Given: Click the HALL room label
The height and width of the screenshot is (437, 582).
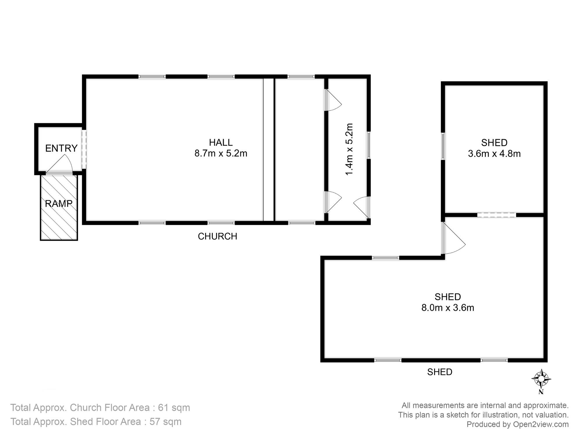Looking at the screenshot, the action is pyautogui.click(x=221, y=142).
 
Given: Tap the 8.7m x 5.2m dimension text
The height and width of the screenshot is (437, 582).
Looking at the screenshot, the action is pyautogui.click(x=221, y=153).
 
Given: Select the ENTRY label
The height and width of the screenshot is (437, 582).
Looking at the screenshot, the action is pyautogui.click(x=61, y=148).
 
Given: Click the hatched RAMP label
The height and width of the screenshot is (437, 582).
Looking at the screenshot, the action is pyautogui.click(x=58, y=203).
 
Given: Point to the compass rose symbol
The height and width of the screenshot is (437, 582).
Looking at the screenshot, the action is pyautogui.click(x=541, y=378).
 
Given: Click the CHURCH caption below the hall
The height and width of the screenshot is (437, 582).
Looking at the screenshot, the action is pyautogui.click(x=217, y=236).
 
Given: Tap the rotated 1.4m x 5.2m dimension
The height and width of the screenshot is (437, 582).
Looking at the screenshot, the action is pyautogui.click(x=349, y=149).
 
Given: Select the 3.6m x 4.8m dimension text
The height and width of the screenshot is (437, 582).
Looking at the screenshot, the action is pyautogui.click(x=494, y=154).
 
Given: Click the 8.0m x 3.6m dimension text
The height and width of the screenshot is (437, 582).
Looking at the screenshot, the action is pyautogui.click(x=448, y=308).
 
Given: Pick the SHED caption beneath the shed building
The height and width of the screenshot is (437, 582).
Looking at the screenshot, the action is pyautogui.click(x=440, y=372).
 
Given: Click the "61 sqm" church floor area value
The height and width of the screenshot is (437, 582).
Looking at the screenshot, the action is pyautogui.click(x=174, y=408).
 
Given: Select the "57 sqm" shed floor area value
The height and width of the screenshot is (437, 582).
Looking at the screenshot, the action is pyautogui.click(x=166, y=422).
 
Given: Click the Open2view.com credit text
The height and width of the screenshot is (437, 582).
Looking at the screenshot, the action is pyautogui.click(x=541, y=424).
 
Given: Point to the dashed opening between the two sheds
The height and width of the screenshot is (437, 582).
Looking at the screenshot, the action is pyautogui.click(x=496, y=215).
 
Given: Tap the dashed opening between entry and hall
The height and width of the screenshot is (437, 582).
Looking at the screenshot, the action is pyautogui.click(x=84, y=149).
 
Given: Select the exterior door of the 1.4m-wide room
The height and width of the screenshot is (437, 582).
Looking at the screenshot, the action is pyautogui.click(x=362, y=207).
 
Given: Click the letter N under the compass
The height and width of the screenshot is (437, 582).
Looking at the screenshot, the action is pyautogui.click(x=541, y=392).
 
